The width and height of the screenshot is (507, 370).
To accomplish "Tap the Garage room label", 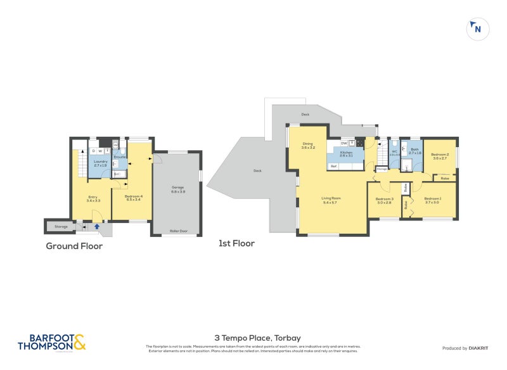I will [x=178, y=188].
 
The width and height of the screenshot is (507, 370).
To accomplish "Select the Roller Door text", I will [x=178, y=231].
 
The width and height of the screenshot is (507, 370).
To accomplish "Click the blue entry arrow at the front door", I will [x=96, y=226].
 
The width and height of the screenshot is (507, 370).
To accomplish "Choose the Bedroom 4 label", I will [x=133, y=197].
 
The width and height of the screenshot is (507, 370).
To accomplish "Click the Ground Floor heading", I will [x=74, y=246].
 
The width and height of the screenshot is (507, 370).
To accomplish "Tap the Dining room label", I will [x=308, y=146].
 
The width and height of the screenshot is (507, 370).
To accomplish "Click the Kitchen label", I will [x=346, y=153].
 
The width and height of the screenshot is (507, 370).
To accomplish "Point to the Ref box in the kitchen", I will [x=333, y=166].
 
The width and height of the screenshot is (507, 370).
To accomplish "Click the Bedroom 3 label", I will [x=385, y=200].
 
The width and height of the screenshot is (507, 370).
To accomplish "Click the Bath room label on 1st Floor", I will [x=414, y=151].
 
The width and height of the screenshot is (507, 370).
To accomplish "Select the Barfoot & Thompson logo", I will [x=51, y=342].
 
